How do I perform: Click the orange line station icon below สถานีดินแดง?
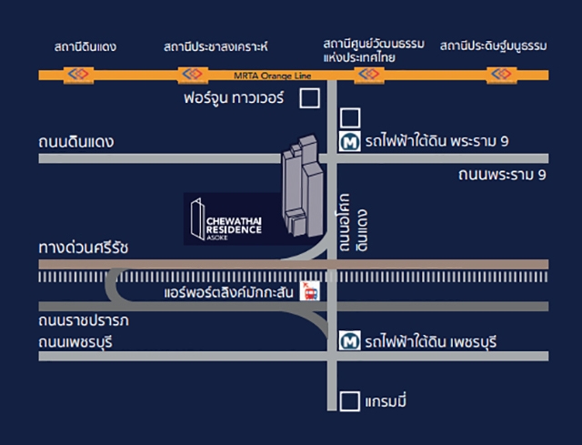pyautogui.click(x=74, y=73)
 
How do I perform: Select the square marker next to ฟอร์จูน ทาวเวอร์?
pyautogui.click(x=310, y=97)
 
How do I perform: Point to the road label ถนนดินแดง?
pyautogui.click(x=82, y=142)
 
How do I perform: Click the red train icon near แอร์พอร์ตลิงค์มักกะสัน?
pyautogui.click(x=310, y=291)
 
